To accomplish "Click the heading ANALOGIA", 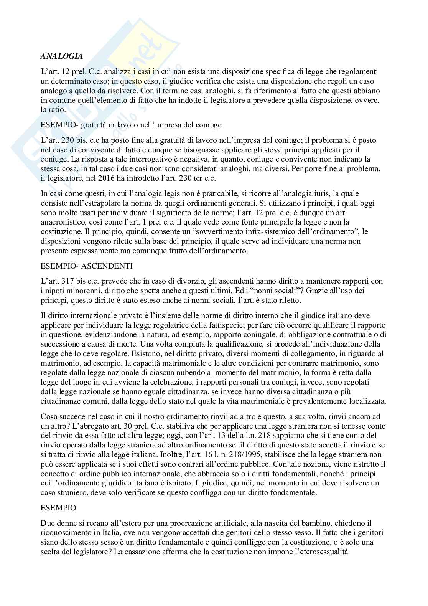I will pyautogui.click(x=61, y=56).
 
